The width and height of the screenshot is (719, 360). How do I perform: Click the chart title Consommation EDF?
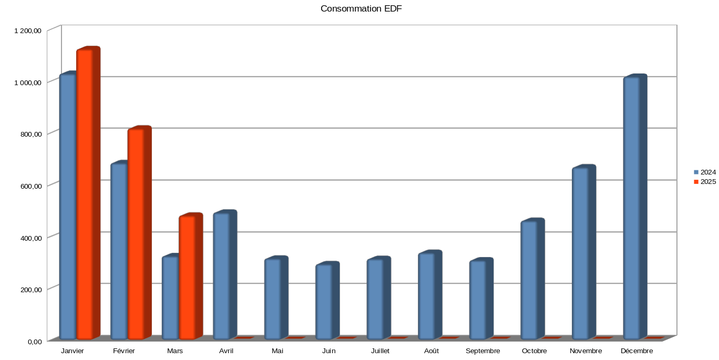pyautogui.click(x=361, y=9)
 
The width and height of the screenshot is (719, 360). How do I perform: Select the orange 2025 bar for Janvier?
pyautogui.click(x=85, y=194)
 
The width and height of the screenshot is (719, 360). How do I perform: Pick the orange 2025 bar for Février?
pyautogui.click(x=136, y=234)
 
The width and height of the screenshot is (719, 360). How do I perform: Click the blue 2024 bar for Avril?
pyautogui.click(x=221, y=276)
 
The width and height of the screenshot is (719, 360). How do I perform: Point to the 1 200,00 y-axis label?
pyautogui.click(x=28, y=30)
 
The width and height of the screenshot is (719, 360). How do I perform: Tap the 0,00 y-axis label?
pyautogui.click(x=35, y=342)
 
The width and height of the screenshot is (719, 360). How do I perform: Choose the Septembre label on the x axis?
pyautogui.click(x=482, y=351)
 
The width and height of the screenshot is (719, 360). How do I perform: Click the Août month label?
pyautogui.click(x=432, y=351)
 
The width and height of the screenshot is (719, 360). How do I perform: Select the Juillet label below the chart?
pyautogui.click(x=380, y=351)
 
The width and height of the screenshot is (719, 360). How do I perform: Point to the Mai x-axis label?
pyautogui.click(x=278, y=351)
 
